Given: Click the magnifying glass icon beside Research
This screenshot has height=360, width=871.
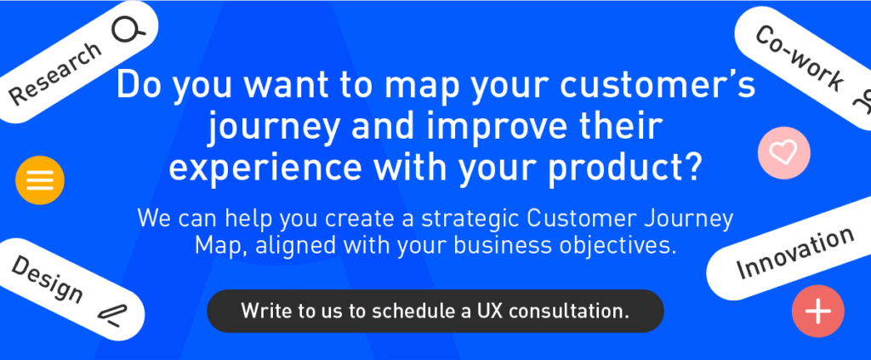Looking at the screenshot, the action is pos(128,30).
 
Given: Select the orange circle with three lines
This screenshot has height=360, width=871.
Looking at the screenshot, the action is pos(40,180).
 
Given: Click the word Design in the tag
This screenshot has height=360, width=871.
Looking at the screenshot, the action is pos(47,280).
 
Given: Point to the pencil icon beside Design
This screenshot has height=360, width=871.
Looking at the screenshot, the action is pos(112,315).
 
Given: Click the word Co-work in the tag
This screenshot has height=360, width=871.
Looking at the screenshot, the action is pos(799,59).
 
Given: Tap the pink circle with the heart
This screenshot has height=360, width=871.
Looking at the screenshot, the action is pos(783,153).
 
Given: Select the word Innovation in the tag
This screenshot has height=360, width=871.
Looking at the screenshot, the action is pos(794,252).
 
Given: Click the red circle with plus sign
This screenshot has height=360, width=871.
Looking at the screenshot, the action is pos(818,311).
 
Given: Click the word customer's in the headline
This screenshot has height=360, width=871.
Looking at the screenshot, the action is pos(658,86).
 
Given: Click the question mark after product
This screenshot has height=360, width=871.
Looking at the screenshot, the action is pos(691,165).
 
